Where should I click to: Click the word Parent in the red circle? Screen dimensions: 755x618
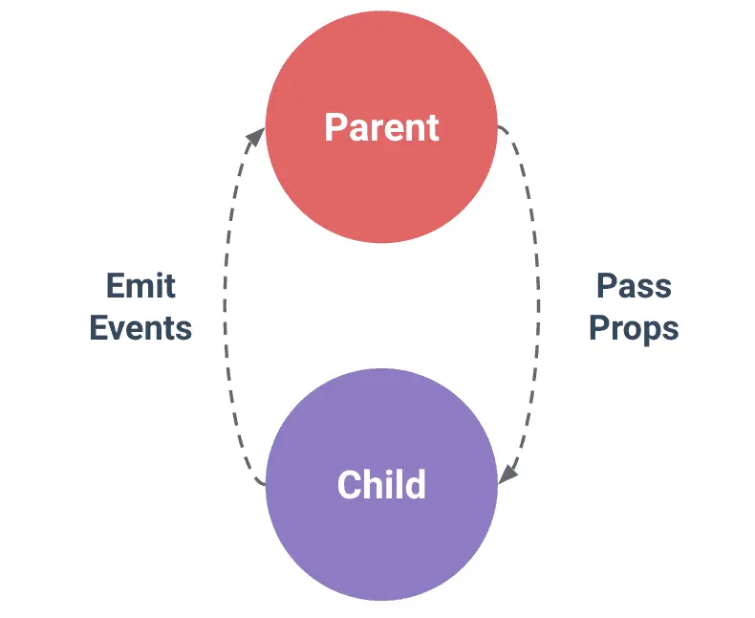(382, 127)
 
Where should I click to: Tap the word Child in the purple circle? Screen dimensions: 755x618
(382, 484)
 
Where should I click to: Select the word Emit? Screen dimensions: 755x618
(140, 286)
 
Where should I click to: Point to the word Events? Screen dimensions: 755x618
(140, 328)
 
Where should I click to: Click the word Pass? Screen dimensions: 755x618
(634, 286)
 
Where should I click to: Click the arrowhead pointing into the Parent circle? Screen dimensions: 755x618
(256, 137)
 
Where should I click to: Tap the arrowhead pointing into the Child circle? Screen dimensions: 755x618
(507, 475)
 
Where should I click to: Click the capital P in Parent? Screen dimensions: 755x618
(335, 127)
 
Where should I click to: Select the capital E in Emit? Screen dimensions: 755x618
(115, 286)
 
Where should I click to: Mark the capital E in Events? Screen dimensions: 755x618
(98, 328)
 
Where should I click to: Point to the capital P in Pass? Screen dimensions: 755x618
(607, 286)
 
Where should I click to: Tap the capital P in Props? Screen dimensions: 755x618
(599, 328)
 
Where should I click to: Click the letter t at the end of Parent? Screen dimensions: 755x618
(433, 129)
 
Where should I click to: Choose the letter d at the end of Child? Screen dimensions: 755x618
(417, 484)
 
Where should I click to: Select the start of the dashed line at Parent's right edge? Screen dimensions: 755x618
(498, 127)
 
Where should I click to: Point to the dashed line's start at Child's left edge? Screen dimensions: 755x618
(265, 483)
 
